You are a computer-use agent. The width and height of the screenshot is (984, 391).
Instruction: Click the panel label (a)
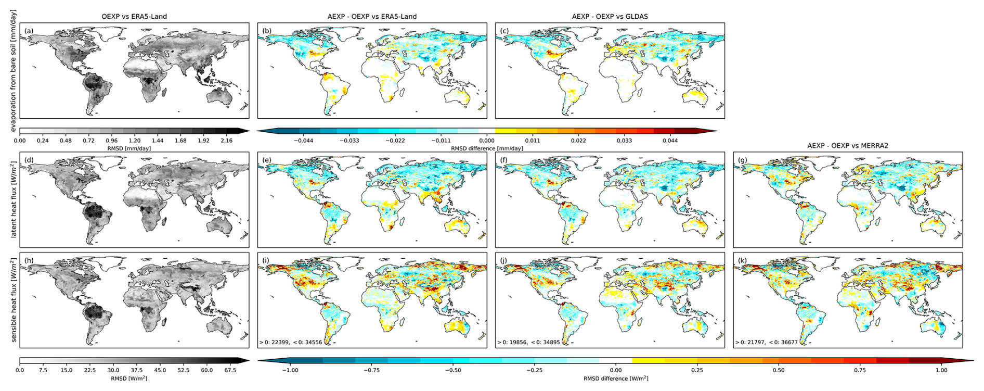point(29,31)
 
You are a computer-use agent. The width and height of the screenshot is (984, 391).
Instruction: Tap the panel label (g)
point(742,160)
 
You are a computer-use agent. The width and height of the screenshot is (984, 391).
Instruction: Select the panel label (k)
point(742,261)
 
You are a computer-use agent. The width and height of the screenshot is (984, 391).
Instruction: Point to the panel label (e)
point(267,160)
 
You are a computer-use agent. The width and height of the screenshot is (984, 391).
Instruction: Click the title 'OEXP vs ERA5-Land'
point(134,16)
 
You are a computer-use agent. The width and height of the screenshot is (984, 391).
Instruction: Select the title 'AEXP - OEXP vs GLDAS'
point(610,16)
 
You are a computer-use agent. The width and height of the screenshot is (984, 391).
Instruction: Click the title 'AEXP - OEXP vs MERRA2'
point(848,145)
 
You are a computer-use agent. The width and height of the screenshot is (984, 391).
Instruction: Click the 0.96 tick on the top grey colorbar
point(111,141)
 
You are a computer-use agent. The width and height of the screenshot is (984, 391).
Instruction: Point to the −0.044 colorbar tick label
point(303,141)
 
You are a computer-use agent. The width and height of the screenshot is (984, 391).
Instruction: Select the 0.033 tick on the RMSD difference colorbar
point(624,141)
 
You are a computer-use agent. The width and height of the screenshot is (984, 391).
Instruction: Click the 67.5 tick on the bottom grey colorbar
point(230,370)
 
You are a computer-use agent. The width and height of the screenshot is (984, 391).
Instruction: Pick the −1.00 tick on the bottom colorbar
point(290,370)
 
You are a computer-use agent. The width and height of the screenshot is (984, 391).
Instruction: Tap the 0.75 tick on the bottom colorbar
point(860,370)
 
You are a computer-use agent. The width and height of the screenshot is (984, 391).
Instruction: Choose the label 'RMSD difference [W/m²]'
point(616,379)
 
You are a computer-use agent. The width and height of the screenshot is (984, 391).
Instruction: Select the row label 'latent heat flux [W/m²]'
point(14,199)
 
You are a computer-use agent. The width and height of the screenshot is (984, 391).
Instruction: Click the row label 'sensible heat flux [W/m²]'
point(14,300)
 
